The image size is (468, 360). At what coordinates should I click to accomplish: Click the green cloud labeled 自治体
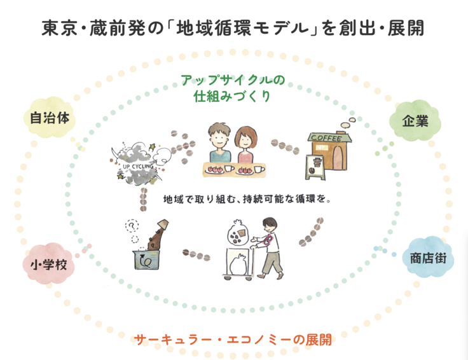[48, 118]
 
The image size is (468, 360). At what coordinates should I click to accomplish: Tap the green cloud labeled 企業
[417, 119]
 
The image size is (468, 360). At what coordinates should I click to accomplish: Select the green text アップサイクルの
[233, 81]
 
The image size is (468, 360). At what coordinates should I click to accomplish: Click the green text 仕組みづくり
[233, 97]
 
